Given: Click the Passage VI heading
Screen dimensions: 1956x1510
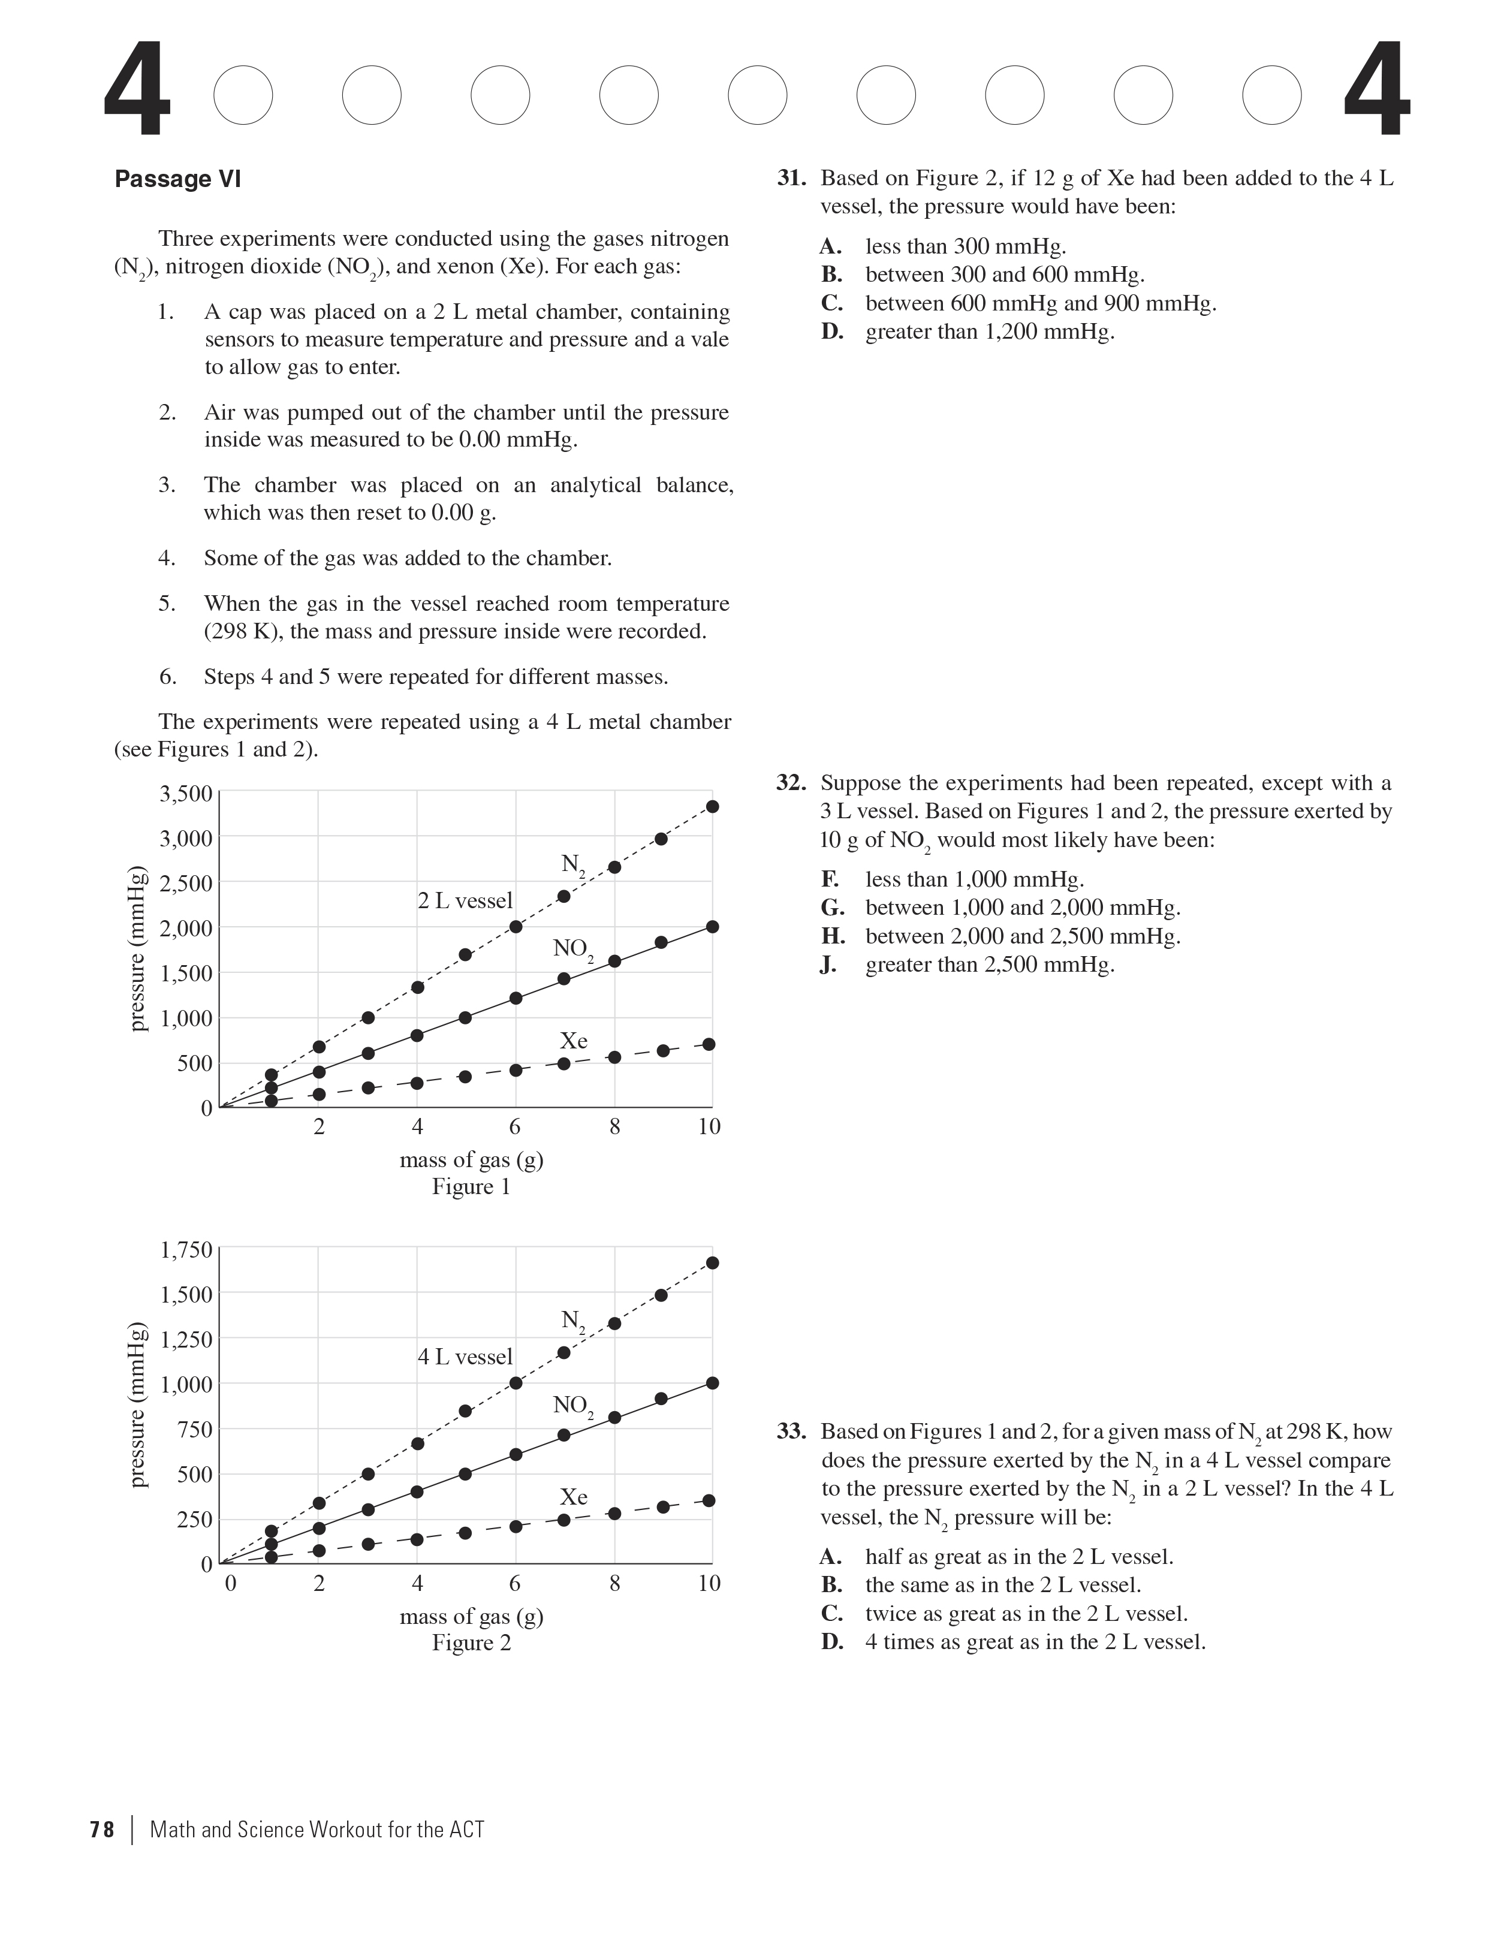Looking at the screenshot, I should [x=177, y=179].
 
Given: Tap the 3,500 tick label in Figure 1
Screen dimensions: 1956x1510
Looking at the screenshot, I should [x=185, y=794].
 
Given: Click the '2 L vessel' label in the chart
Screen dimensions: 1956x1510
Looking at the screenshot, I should [x=465, y=900].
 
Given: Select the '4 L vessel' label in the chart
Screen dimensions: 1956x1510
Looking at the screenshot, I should [x=465, y=1357].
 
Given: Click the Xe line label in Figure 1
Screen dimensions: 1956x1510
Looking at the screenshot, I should [x=573, y=1041].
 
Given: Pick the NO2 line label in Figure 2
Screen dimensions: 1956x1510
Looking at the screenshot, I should [x=572, y=1405].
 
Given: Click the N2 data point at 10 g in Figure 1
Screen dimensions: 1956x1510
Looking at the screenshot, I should [x=712, y=806].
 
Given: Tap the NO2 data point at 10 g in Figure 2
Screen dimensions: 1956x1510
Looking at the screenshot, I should [x=712, y=1383].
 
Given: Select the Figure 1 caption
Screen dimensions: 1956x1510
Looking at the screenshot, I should [x=471, y=1187].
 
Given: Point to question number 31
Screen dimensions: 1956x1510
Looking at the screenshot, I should [x=791, y=178].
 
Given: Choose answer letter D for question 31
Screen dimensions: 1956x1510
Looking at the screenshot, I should [x=832, y=332].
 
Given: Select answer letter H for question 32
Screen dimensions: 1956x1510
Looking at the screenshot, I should [x=833, y=937].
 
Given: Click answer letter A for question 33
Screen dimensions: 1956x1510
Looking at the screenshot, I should [x=832, y=1557].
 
